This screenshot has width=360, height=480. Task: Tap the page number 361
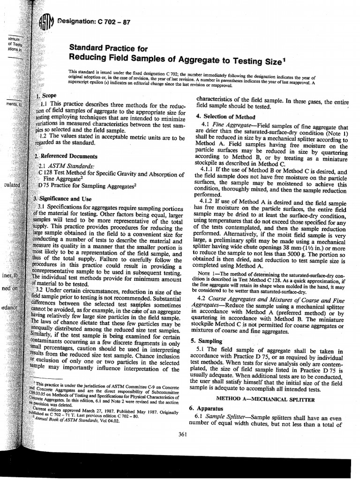tap(183, 434)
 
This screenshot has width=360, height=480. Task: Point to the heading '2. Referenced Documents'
tap(67, 156)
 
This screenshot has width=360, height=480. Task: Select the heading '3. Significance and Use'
tap(66, 199)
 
